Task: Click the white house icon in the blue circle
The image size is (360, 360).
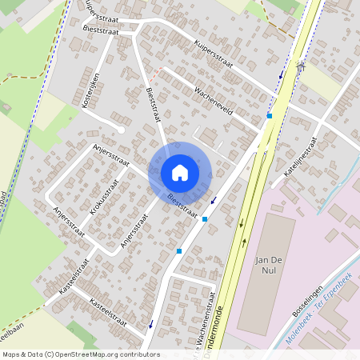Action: tap(180, 172)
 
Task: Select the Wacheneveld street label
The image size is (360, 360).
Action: tap(214, 101)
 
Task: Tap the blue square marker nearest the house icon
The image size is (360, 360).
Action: tap(206, 218)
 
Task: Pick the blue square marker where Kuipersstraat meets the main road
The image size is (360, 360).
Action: tap(270, 116)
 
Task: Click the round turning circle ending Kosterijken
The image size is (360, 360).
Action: tap(120, 129)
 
